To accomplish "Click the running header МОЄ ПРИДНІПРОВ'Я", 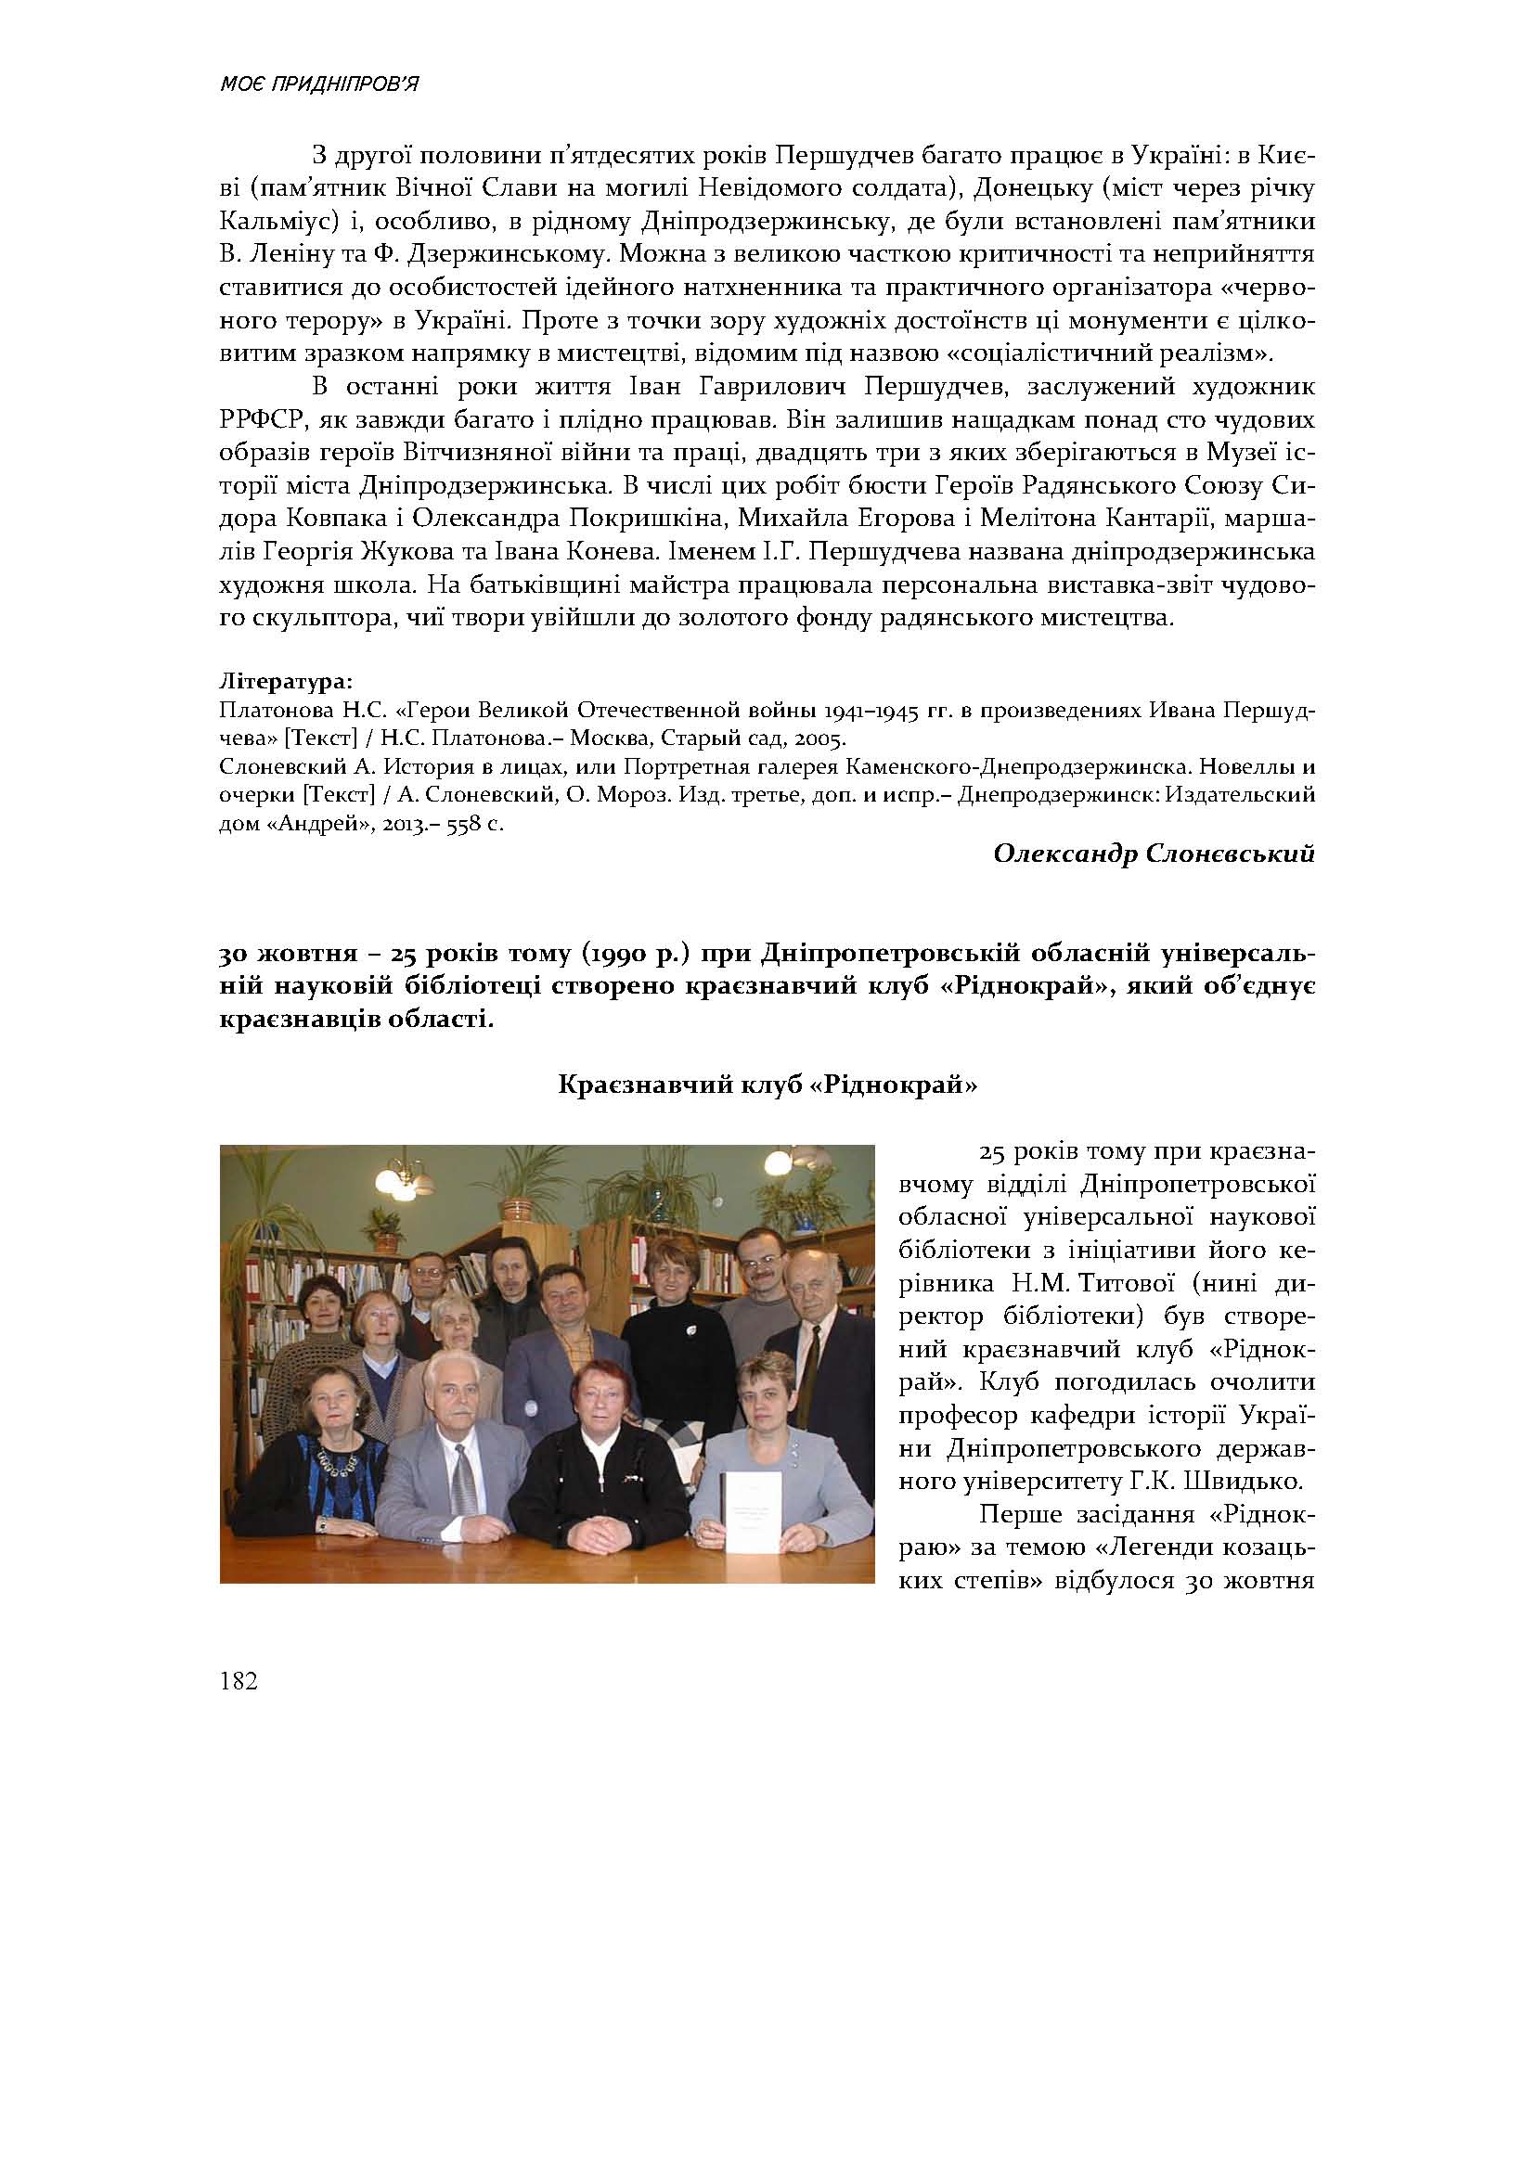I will pos(319,84).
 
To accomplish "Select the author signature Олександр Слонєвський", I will pos(1154,854).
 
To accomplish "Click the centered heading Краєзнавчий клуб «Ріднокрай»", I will pos(767,1085).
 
